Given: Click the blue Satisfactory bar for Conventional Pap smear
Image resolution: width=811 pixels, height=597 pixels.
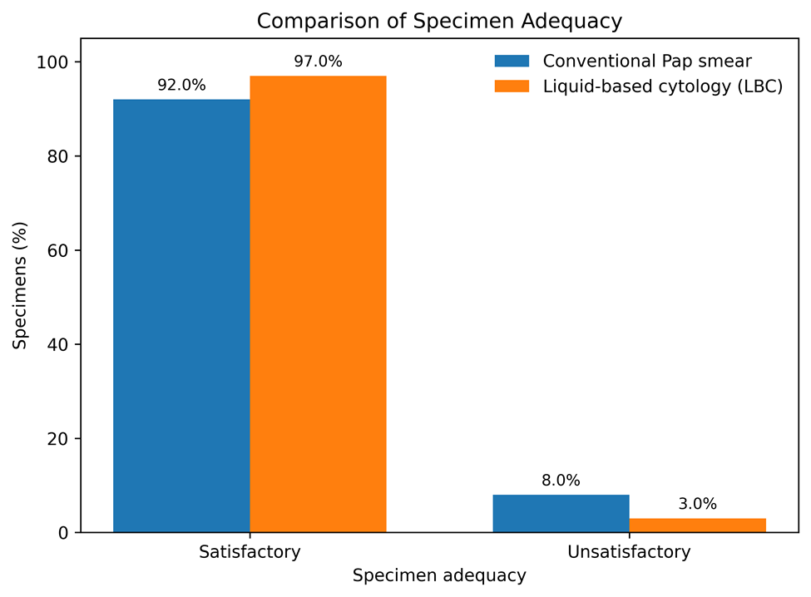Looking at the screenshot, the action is (181, 316).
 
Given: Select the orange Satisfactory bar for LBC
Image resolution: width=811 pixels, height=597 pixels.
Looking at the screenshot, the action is (318, 304).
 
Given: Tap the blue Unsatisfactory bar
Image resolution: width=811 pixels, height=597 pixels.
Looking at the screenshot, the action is (561, 513).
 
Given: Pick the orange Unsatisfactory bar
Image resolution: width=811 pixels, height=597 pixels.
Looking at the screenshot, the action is (698, 525).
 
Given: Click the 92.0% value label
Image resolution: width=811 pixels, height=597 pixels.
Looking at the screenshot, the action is (181, 85).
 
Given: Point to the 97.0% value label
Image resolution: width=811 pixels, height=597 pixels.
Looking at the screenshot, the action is (318, 62).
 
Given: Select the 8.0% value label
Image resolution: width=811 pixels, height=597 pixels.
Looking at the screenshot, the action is (561, 481).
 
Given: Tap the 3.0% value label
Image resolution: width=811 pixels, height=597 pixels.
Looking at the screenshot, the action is (698, 504).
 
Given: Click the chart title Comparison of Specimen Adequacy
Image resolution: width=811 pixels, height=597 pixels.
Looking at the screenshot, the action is (440, 21).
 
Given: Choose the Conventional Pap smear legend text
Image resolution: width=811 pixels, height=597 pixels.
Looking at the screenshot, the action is (647, 61).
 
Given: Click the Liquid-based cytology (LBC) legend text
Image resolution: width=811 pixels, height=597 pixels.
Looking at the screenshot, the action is (663, 86).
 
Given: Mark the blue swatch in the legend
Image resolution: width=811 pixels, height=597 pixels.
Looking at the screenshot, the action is (512, 61).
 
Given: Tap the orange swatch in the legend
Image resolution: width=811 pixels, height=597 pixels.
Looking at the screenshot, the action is (512, 86).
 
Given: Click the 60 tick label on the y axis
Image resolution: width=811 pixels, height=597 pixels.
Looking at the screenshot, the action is (58, 250).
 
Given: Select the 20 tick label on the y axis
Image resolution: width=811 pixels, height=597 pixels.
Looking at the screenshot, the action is (58, 439).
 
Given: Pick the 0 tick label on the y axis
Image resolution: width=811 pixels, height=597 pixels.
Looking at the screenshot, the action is (63, 533).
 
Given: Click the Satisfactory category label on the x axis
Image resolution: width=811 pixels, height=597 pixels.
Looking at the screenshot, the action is (250, 552).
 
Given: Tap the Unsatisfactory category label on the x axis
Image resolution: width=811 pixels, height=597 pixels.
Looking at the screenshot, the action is (630, 552).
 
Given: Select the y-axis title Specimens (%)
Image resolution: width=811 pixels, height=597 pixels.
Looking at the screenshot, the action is (20, 285).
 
